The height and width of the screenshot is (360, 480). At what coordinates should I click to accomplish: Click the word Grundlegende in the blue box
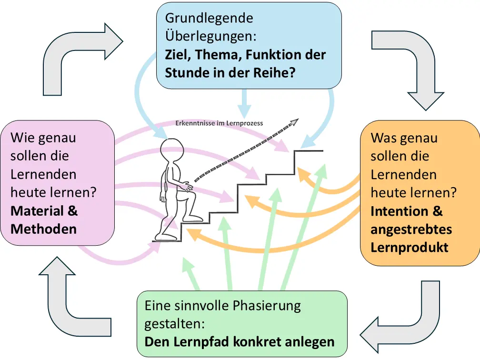[x=209, y=19]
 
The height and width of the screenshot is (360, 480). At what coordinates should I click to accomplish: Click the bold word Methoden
[x=43, y=229]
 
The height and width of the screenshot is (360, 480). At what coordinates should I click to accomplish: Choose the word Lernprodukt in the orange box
[x=409, y=248]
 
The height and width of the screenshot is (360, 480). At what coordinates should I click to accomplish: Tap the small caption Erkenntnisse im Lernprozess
[x=220, y=123]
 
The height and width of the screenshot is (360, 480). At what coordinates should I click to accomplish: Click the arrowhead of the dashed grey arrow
[x=295, y=122]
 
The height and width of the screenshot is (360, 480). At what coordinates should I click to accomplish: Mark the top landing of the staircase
[x=309, y=151]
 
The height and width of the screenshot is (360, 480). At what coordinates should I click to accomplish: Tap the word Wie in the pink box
[x=22, y=138]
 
